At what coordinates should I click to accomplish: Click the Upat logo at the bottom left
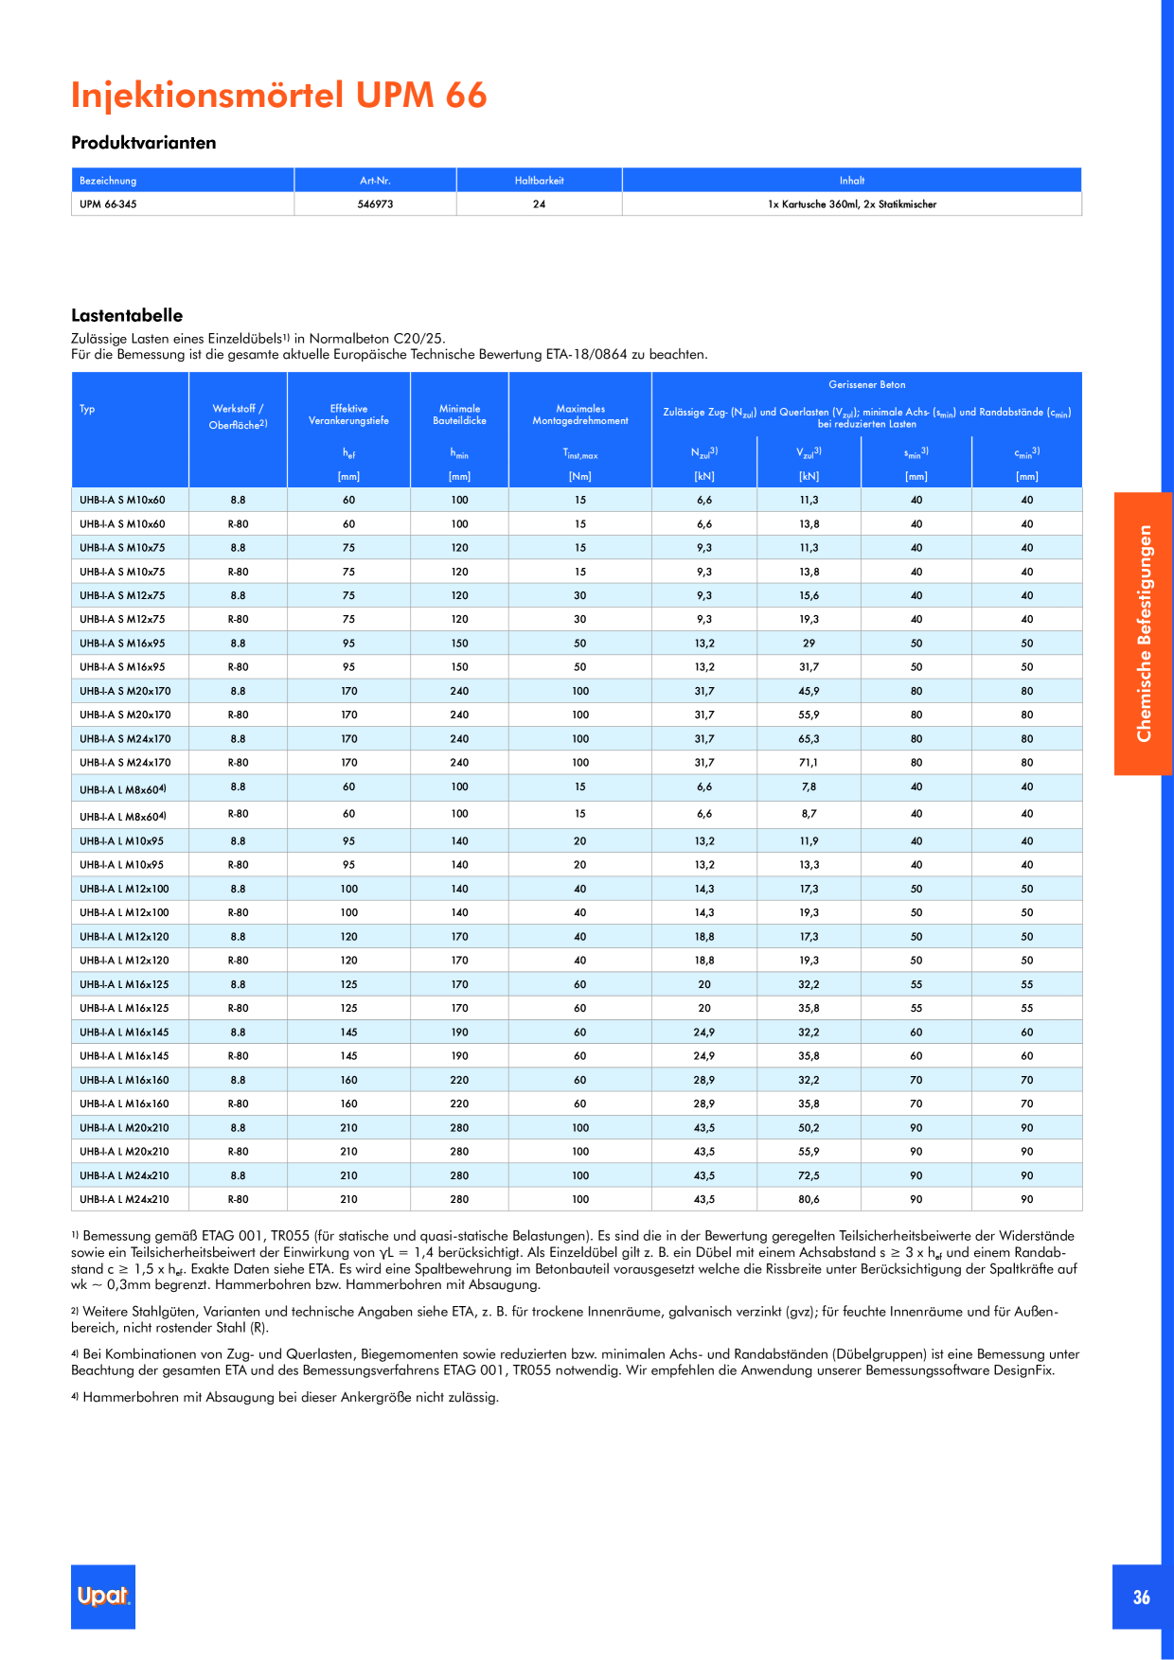103,1596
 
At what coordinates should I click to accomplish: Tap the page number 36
1141,1598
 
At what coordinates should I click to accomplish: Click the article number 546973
376,204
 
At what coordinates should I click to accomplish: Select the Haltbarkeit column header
539,181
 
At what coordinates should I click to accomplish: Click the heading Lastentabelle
127,316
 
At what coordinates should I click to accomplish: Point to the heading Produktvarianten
144,143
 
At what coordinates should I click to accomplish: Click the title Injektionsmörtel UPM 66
279,96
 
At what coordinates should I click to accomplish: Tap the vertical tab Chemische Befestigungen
1144,633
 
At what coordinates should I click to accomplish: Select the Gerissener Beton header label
867,385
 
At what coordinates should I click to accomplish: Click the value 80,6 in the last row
809,1199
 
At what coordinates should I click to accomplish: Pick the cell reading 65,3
809,739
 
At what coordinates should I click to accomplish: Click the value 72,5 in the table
809,1175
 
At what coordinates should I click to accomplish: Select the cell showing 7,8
809,787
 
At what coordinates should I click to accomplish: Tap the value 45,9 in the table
809,692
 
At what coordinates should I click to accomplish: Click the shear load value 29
809,644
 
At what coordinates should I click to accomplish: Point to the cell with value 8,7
809,814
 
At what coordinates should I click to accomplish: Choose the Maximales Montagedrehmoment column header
580,415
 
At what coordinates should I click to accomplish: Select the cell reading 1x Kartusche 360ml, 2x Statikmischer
852,204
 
